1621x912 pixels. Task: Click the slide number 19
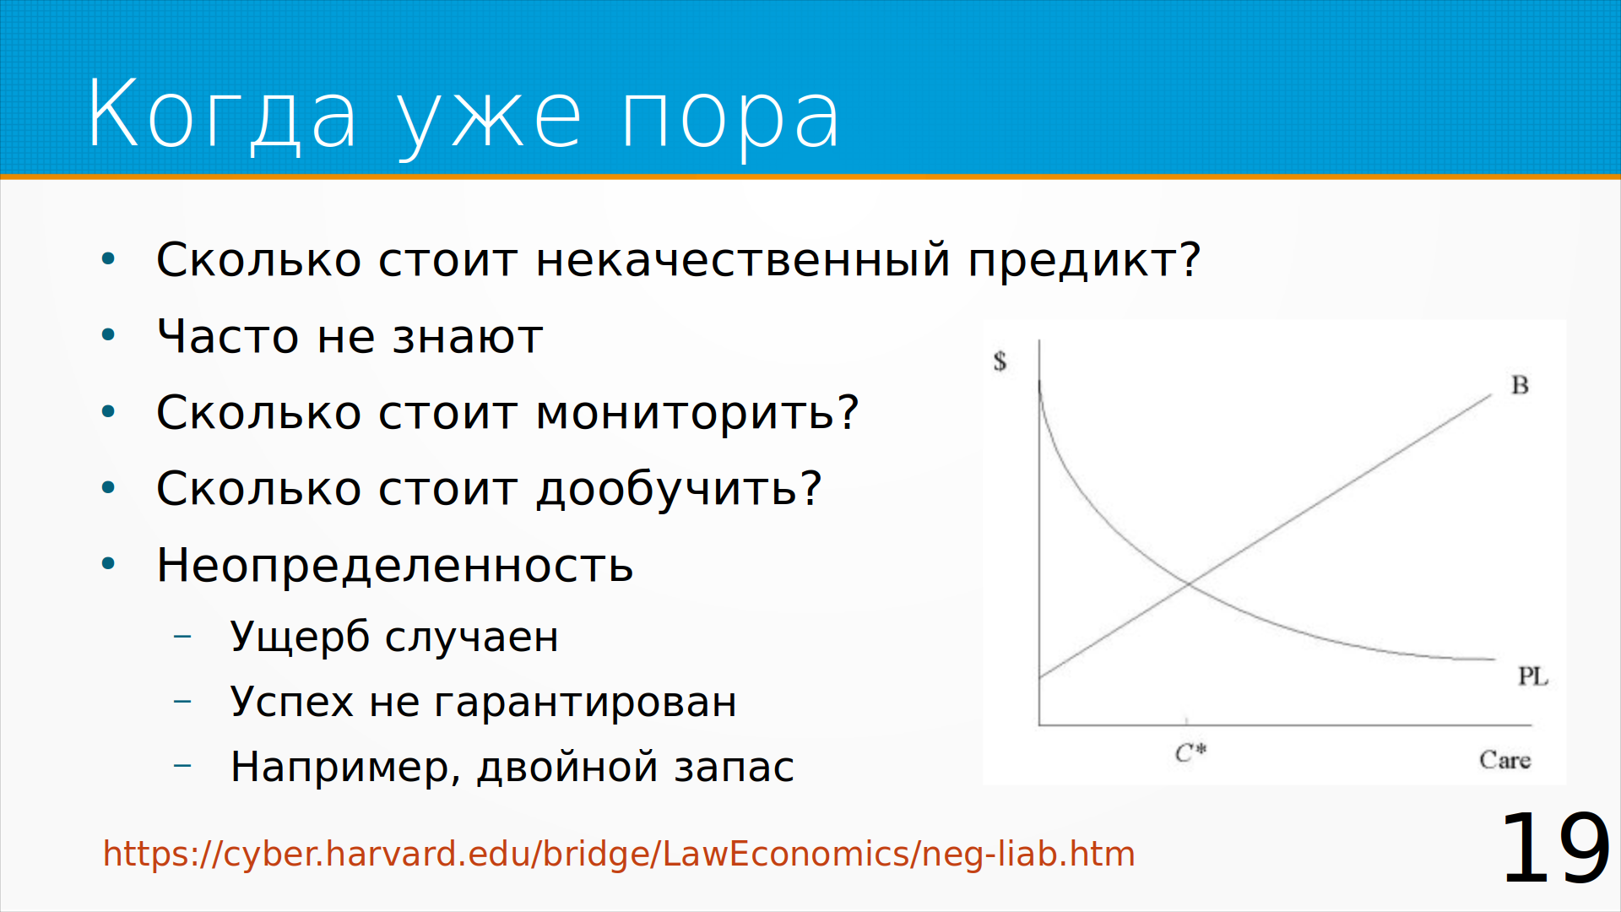[x=1555, y=848]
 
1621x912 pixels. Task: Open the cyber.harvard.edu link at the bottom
[x=619, y=854]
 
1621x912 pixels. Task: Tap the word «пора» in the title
[x=730, y=118]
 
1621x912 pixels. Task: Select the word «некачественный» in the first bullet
[x=744, y=259]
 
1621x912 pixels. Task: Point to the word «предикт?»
[x=1084, y=261]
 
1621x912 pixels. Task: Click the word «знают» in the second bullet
[x=468, y=338]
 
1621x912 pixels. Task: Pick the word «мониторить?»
[x=697, y=414]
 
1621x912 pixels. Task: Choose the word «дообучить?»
[x=680, y=489]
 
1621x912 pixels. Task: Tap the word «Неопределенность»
[x=395, y=566]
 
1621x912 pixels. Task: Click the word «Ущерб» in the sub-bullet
[x=300, y=637]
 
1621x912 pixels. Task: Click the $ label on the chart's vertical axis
[x=1000, y=361]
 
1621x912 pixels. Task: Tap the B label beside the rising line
[x=1520, y=385]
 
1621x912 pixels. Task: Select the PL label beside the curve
[x=1533, y=676]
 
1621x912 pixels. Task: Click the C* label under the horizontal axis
[x=1191, y=752]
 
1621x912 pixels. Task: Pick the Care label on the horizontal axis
[x=1505, y=760]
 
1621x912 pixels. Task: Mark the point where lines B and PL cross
[x=1189, y=584]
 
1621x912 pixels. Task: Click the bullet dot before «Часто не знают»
[x=108, y=335]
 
